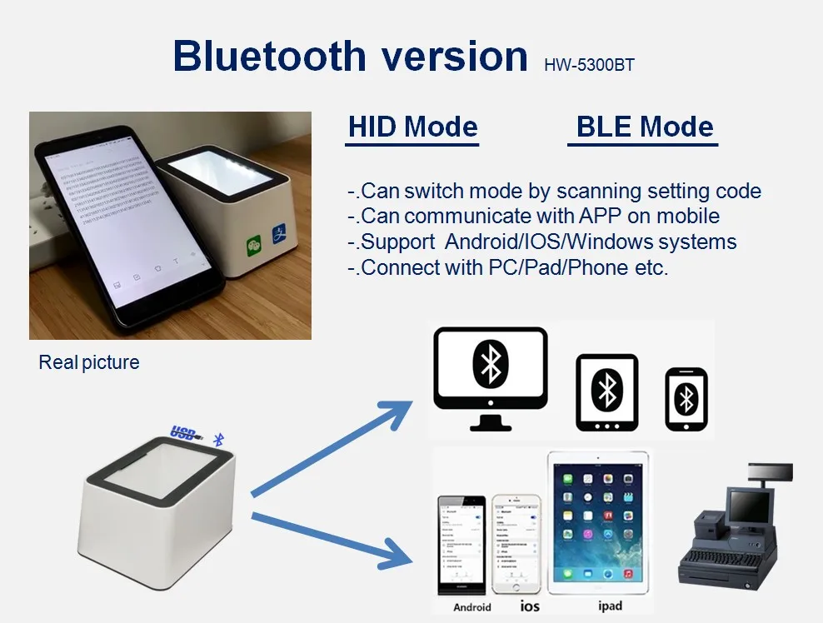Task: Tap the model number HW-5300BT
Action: point(589,65)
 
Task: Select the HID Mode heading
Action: point(412,127)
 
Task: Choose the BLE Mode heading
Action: point(644,127)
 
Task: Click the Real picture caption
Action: point(89,363)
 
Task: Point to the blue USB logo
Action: point(185,432)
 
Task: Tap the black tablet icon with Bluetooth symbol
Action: point(607,391)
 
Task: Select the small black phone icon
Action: point(686,400)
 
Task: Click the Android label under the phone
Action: point(471,607)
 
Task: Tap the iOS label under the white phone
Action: point(530,606)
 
